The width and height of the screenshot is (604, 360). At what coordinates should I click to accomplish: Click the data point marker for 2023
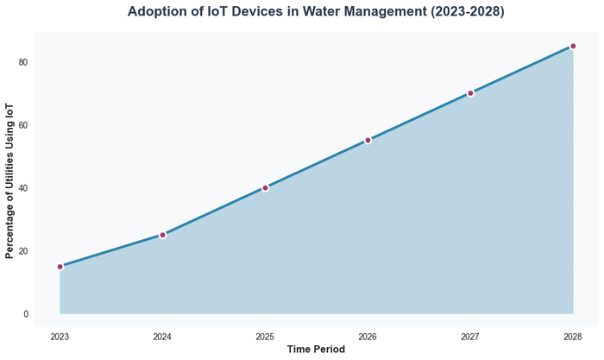click(x=60, y=267)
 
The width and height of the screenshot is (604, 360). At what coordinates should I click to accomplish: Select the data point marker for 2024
click(x=162, y=235)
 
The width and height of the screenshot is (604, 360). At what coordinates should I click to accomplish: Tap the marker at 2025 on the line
click(x=265, y=187)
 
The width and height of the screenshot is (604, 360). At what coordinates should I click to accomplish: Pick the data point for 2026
click(x=368, y=140)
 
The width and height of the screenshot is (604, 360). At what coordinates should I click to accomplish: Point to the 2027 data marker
click(x=470, y=93)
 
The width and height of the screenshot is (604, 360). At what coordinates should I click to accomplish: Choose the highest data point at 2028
click(x=573, y=47)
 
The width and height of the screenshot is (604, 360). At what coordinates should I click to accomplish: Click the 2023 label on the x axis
click(x=60, y=336)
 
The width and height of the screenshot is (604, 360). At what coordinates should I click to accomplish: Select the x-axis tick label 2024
click(x=162, y=336)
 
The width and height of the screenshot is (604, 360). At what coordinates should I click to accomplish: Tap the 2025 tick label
click(x=265, y=336)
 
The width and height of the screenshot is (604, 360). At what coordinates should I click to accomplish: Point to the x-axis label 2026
click(x=368, y=336)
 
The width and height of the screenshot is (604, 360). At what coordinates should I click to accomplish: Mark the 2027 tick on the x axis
click(x=470, y=336)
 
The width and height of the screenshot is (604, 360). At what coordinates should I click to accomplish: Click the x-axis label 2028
click(x=573, y=336)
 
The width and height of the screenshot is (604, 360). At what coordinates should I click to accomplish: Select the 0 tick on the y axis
click(x=25, y=314)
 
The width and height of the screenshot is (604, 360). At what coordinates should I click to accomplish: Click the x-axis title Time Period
click(x=316, y=350)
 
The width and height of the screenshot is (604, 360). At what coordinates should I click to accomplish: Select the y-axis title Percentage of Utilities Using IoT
click(x=9, y=180)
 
